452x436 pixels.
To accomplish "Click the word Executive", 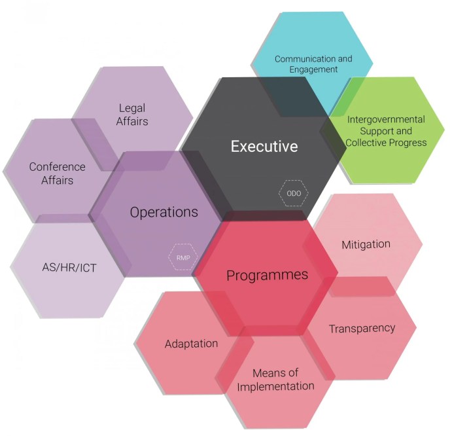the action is click(x=264, y=146).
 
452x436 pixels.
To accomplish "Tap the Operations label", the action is click(x=164, y=212).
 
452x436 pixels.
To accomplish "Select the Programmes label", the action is click(x=267, y=275).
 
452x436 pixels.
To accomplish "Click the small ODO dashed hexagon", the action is click(x=290, y=193).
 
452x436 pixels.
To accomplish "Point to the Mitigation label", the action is click(x=366, y=244).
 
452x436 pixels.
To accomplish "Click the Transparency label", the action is click(x=362, y=328).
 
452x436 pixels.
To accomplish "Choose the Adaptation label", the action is click(x=191, y=344).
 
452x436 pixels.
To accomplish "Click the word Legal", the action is click(x=132, y=108).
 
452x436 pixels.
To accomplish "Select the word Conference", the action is click(x=58, y=167).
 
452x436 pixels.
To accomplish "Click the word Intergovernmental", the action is click(x=386, y=120).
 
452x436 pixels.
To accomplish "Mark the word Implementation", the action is click(x=275, y=386).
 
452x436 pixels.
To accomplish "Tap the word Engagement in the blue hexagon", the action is click(x=313, y=69).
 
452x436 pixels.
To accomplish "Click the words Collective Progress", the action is click(x=386, y=143).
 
